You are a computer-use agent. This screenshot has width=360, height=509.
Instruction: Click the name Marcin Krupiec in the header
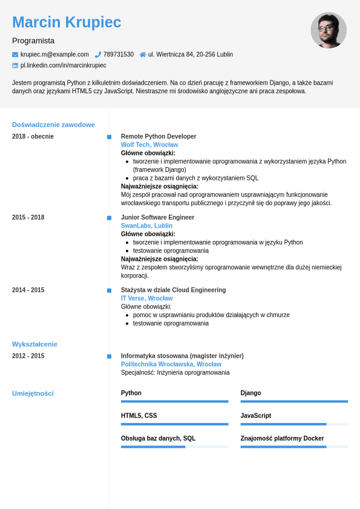[x=67, y=22]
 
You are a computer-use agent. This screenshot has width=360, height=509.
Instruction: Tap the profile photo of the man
[x=329, y=30]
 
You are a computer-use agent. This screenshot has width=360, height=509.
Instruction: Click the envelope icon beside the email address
[x=15, y=54]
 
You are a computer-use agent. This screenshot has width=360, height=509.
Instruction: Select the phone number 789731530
[x=118, y=54]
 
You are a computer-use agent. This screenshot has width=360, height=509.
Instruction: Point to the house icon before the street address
[x=143, y=54]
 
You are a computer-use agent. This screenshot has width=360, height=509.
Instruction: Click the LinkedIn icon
[x=15, y=65]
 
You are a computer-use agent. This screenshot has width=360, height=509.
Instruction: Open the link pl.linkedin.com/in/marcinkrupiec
[x=63, y=65]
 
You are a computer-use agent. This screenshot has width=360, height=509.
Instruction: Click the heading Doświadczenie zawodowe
[x=53, y=125]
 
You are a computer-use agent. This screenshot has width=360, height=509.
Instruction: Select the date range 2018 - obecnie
[x=33, y=136]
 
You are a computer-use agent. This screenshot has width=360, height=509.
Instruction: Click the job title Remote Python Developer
[x=159, y=136]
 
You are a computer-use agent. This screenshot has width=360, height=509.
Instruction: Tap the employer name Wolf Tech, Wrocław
[x=149, y=145]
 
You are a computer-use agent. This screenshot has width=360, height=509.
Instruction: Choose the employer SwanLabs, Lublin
[x=146, y=226]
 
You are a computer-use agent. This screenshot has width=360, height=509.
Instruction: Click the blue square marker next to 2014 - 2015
[x=109, y=291]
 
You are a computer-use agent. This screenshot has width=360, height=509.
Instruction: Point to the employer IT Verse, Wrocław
[x=146, y=298]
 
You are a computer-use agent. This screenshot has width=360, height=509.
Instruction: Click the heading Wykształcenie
[x=34, y=344]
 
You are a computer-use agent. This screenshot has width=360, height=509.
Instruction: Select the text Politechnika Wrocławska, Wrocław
[x=171, y=364]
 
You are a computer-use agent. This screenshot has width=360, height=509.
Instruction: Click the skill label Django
[x=250, y=393]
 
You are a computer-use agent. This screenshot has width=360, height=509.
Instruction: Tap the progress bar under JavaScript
[x=294, y=424]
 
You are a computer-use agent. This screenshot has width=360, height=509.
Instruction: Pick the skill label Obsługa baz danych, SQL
[x=158, y=438]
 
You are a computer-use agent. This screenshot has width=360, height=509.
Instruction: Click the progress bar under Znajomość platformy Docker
[x=294, y=447]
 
